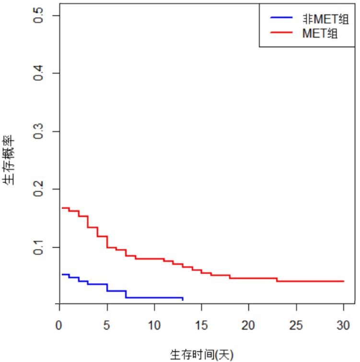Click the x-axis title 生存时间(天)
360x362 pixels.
click(201, 354)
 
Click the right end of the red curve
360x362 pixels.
click(344, 281)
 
